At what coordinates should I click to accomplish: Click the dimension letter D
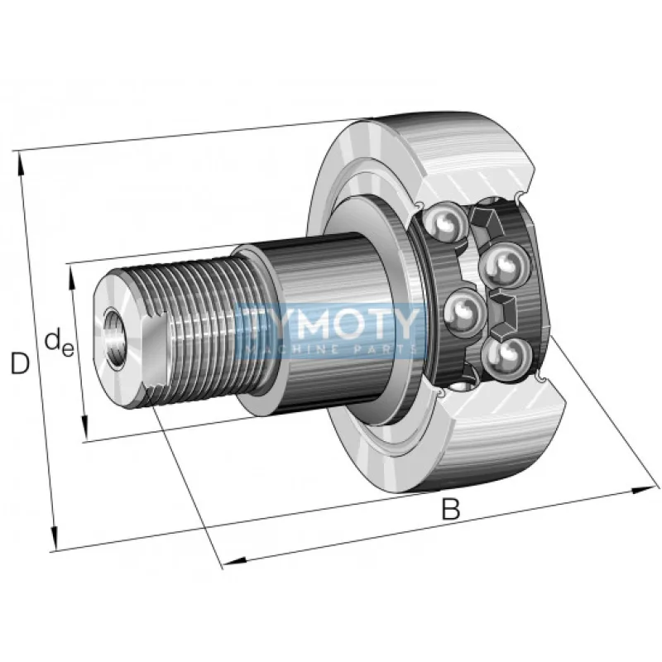click(x=19, y=362)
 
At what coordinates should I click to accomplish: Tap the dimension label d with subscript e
click(x=58, y=341)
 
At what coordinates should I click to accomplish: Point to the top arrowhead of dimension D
click(x=20, y=158)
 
